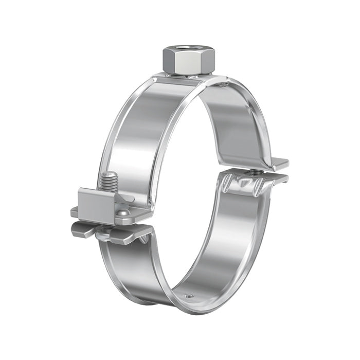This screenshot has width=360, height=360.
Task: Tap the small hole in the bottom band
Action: [190, 296]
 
